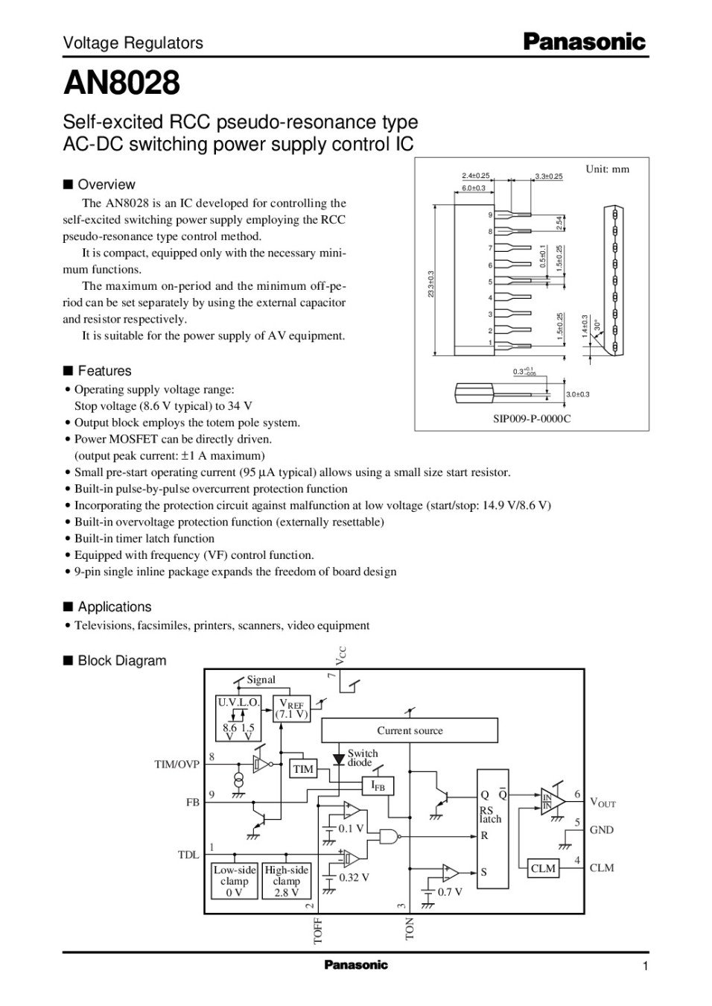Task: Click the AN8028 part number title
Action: coord(121,83)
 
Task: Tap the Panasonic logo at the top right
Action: coord(584,42)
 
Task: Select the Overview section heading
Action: coord(107,185)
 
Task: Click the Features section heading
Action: coord(104,371)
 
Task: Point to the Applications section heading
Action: coord(114,607)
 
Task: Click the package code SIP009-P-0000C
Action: coord(532,418)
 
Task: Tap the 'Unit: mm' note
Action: coord(607,169)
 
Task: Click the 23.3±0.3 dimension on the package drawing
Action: coord(431,284)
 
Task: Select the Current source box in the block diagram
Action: coord(409,731)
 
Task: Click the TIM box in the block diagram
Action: coord(303,769)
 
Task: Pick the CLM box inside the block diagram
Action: coord(543,868)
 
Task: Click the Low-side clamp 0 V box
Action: coord(235,882)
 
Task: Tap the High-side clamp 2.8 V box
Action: coord(287,882)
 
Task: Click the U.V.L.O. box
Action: coord(238,702)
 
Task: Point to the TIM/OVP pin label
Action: coord(177,765)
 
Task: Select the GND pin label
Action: coord(601,830)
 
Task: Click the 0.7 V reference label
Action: coord(450,891)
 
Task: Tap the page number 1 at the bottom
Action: coord(645,967)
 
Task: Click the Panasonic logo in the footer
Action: coord(356,965)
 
